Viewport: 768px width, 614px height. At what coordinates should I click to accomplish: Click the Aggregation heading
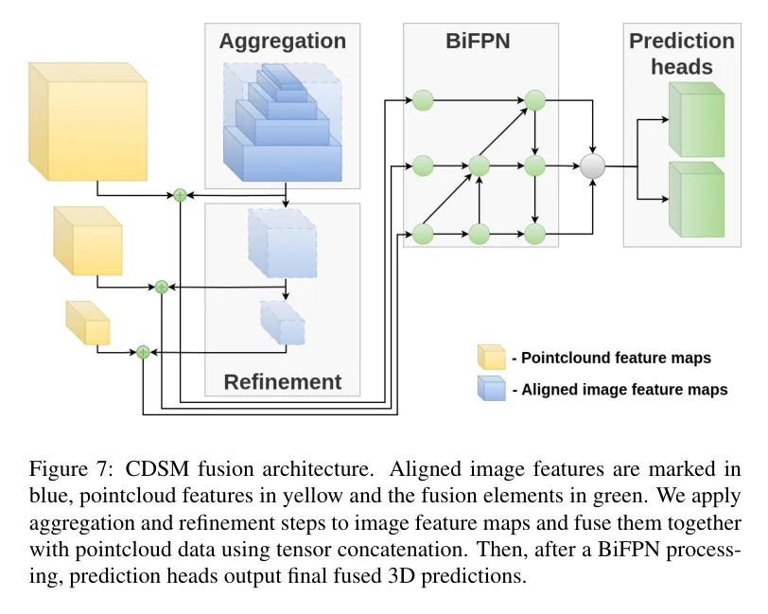click(x=283, y=42)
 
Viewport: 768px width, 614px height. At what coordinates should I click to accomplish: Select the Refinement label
click(x=283, y=382)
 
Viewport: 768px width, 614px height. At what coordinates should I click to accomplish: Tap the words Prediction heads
click(x=681, y=54)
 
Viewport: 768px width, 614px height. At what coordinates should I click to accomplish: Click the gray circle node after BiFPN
click(x=592, y=167)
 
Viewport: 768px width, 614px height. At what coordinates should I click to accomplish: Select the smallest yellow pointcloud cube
click(x=88, y=325)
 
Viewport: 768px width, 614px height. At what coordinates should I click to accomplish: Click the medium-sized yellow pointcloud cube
click(x=88, y=242)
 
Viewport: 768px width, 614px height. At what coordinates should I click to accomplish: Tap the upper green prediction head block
click(x=695, y=120)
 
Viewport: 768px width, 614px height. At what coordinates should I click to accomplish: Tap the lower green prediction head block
click(x=695, y=201)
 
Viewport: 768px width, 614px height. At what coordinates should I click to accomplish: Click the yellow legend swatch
click(x=492, y=357)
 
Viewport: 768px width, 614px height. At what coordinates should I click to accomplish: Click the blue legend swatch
click(x=492, y=388)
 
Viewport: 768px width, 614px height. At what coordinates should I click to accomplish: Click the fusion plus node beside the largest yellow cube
click(x=179, y=195)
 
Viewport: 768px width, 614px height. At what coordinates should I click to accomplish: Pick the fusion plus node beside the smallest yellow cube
click(x=143, y=351)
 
